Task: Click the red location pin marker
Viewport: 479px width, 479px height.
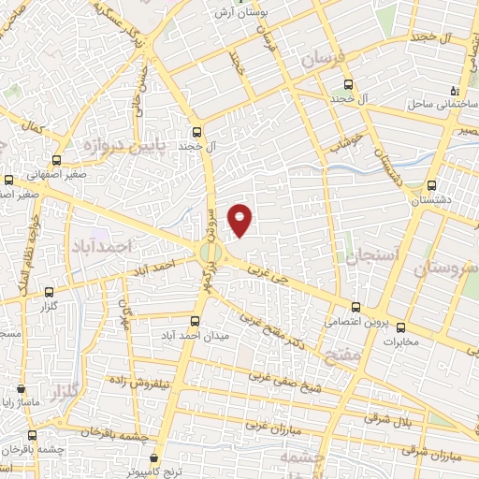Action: pos(241,220)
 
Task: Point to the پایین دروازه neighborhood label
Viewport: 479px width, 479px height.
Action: pos(91,147)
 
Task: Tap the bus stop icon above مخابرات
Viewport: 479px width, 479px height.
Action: pos(402,328)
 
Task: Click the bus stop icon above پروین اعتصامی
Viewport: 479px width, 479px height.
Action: pos(356,306)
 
